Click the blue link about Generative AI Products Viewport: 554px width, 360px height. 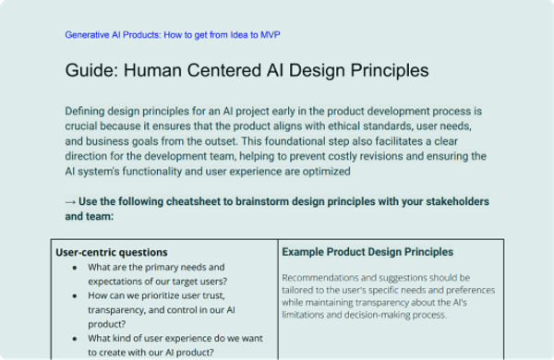(172, 35)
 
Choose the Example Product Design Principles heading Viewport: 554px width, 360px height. (367, 251)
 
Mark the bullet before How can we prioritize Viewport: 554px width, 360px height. (74, 297)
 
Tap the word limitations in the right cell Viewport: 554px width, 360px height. (307, 315)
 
